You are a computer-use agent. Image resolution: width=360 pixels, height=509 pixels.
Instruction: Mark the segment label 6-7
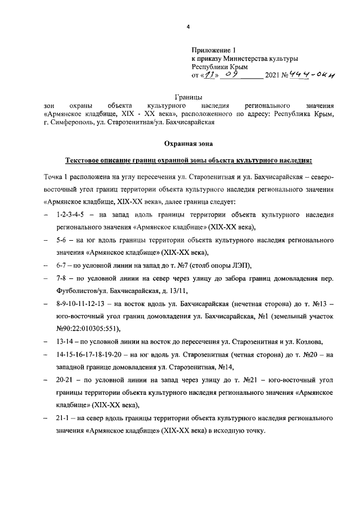tap(64, 265)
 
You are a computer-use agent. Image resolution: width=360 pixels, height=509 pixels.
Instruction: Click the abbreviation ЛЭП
tap(237, 265)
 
